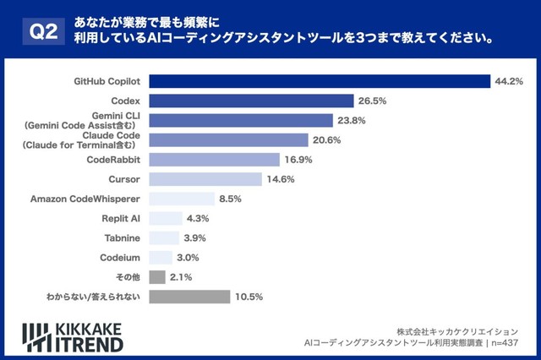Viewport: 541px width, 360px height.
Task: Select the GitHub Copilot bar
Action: [x=320, y=81]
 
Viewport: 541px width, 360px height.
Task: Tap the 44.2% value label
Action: [x=510, y=81]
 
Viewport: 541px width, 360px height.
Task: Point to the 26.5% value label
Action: [x=373, y=101]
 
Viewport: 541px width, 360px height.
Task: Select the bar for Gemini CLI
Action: [x=241, y=120]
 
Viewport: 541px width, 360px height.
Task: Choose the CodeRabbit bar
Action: [x=214, y=160]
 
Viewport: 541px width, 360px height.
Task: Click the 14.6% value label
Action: [x=281, y=179]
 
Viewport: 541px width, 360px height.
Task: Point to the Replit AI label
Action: [x=120, y=218]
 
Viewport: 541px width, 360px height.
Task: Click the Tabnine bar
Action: [x=164, y=237]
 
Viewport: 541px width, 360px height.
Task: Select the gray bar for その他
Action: [x=156, y=276]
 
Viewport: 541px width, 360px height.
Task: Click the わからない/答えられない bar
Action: [x=189, y=297]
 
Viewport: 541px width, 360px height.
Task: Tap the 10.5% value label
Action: [x=250, y=297]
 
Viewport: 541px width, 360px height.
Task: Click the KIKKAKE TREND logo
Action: [x=73, y=336]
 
